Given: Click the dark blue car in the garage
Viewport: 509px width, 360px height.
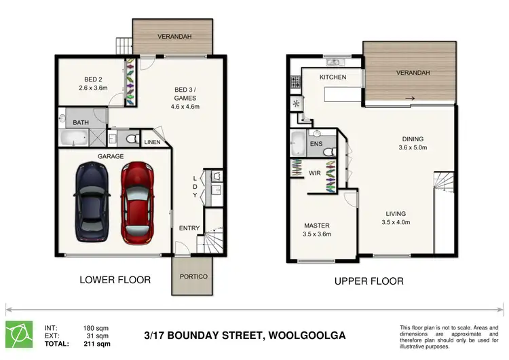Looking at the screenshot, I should pyautogui.click(x=92, y=203).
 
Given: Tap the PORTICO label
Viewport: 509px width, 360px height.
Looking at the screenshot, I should pyautogui.click(x=193, y=277).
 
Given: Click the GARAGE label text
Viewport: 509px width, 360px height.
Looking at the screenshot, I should pyautogui.click(x=111, y=156).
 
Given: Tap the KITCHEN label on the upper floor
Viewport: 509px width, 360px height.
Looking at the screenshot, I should pyautogui.click(x=333, y=77).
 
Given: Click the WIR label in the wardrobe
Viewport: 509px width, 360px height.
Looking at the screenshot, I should pyautogui.click(x=314, y=174).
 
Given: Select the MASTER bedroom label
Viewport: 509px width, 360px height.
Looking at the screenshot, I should pyautogui.click(x=317, y=226).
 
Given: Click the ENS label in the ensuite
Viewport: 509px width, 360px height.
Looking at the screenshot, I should pyautogui.click(x=316, y=145).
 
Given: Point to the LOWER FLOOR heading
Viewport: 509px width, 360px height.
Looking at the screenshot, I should pyautogui.click(x=115, y=280).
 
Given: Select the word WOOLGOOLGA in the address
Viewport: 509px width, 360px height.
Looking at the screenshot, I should pyautogui.click(x=314, y=336).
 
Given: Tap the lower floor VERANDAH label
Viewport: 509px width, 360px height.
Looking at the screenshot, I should pyautogui.click(x=173, y=36).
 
